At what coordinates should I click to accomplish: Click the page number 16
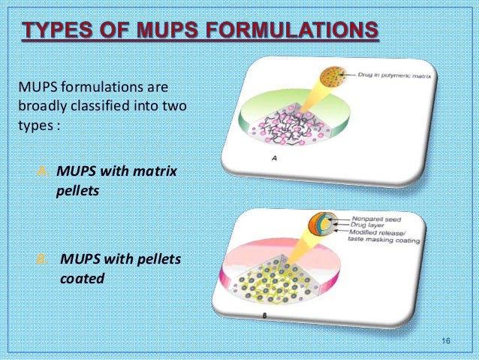coord(446,343)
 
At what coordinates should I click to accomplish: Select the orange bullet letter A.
coord(44,171)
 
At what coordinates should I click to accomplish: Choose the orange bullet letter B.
coord(44,260)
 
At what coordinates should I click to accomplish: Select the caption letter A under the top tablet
coord(273,159)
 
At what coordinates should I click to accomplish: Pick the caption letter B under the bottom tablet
coord(264,316)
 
